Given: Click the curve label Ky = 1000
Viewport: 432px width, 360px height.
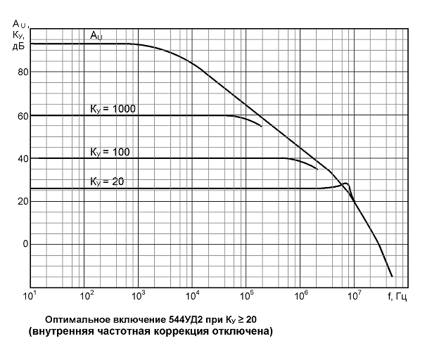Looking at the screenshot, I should tap(113, 108).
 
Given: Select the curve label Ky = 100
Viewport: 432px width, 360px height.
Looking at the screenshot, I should tap(110, 151).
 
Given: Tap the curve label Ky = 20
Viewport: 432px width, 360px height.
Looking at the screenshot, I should tap(107, 181).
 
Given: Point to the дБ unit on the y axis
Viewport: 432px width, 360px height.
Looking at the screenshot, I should tap(18, 46).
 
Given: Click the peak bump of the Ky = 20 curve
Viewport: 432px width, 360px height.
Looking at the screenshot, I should tap(345, 184).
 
